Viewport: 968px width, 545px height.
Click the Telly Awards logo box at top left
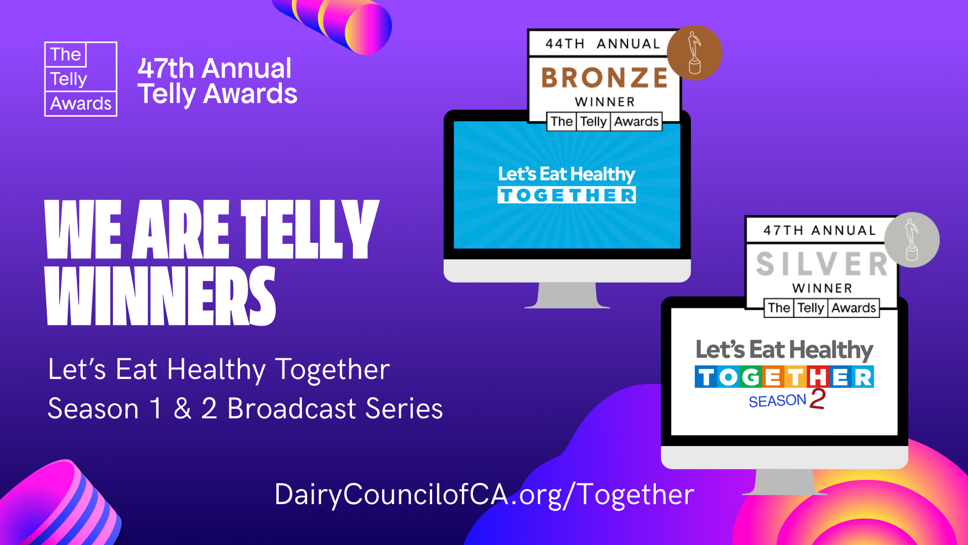tap(81, 79)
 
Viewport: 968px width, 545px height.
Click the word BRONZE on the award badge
tap(604, 78)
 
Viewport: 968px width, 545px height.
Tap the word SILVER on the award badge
tap(822, 264)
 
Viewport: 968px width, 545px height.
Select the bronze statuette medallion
tap(694, 53)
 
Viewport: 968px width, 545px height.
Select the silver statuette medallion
tap(912, 240)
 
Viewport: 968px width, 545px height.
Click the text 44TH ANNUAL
tap(602, 44)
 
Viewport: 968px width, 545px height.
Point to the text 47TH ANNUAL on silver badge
tap(819, 231)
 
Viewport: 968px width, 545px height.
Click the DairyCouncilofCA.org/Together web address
tap(484, 495)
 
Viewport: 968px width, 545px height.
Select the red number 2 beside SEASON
tap(817, 399)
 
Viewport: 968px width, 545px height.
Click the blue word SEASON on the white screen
tap(777, 401)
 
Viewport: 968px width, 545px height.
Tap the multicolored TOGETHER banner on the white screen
tap(784, 377)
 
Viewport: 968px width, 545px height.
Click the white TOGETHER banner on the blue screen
tap(567, 195)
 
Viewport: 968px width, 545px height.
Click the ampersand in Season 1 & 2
tap(183, 409)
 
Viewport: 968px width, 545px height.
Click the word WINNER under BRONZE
tap(605, 102)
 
